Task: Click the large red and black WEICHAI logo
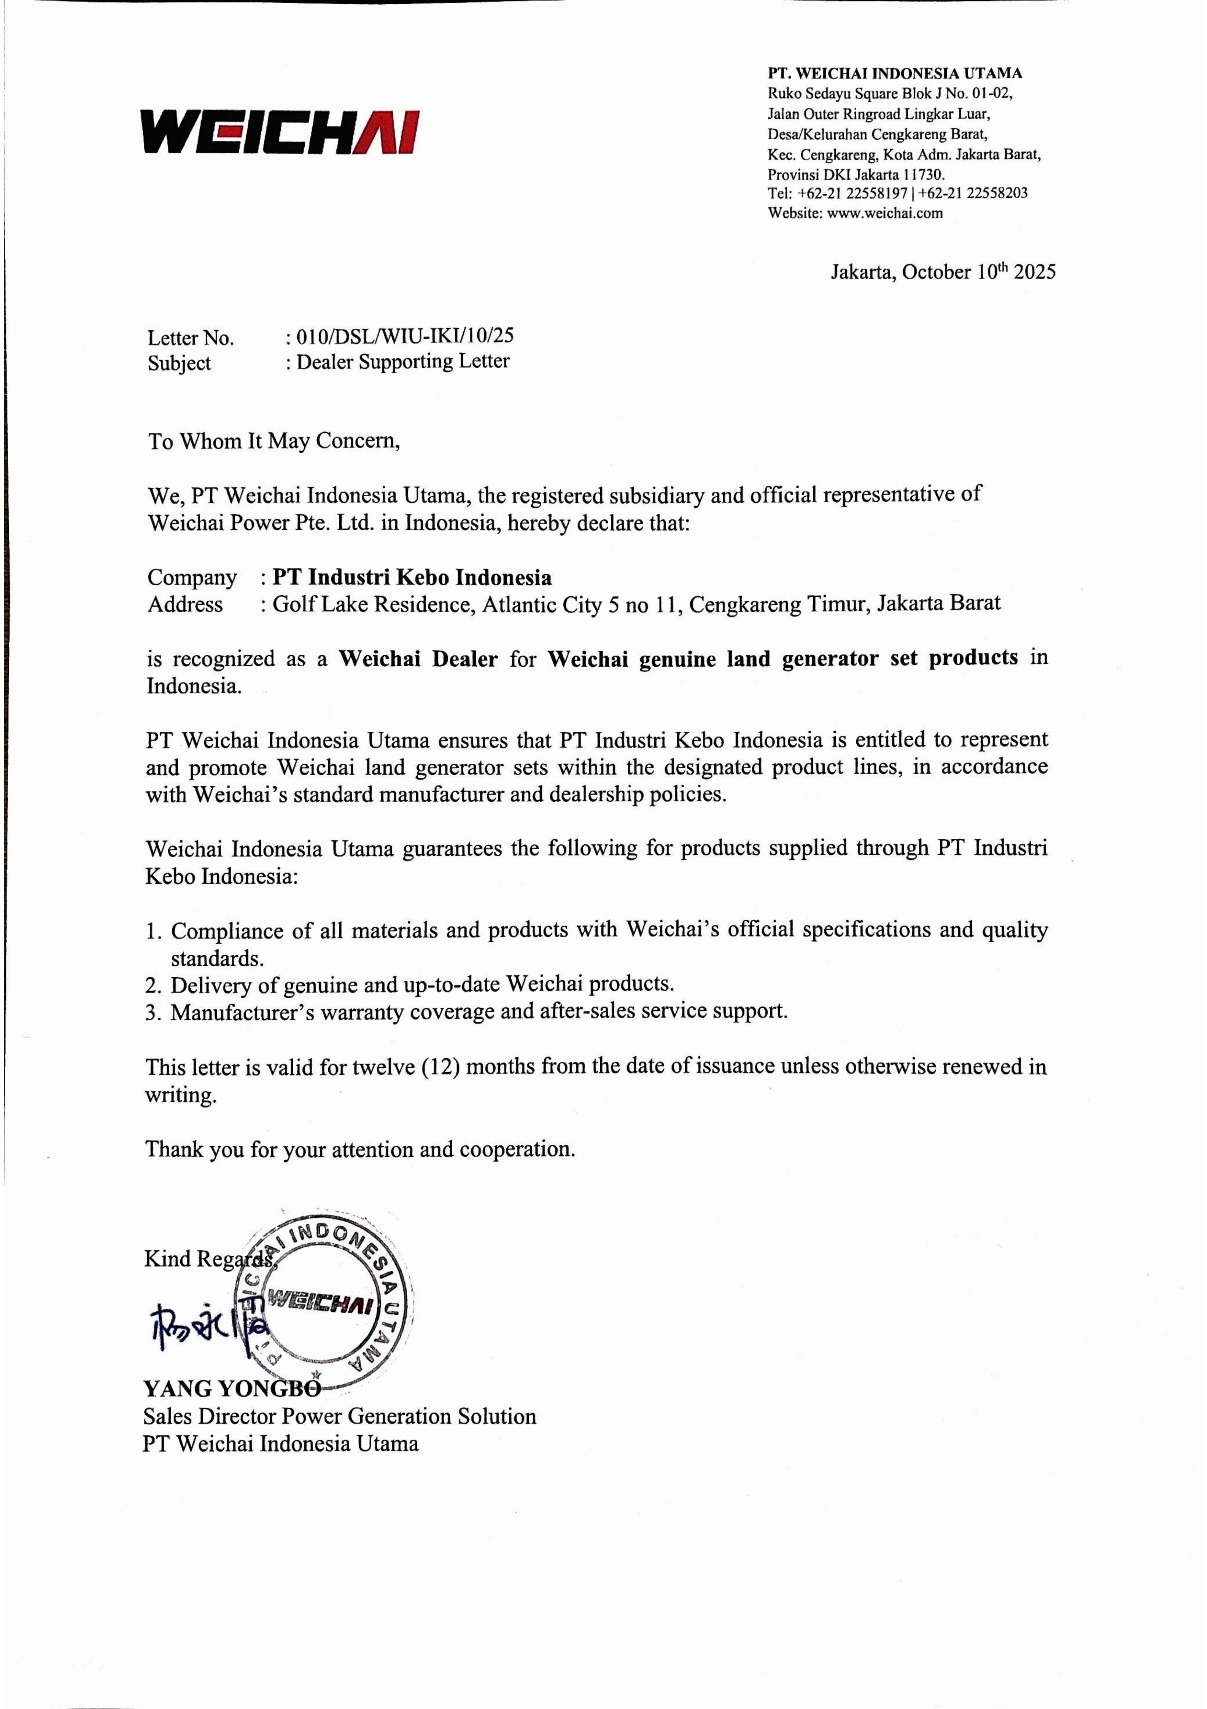click(280, 132)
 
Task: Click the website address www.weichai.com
click(885, 213)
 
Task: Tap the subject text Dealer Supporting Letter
click(402, 362)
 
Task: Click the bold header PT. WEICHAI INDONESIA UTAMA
click(894, 73)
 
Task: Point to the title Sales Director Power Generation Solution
click(339, 1416)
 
